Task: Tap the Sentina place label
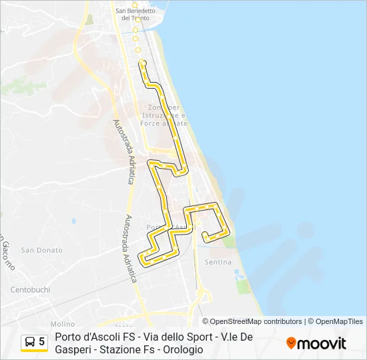[x=218, y=262]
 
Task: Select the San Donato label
[x=41, y=250]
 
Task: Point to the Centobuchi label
[x=31, y=289]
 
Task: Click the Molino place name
[x=63, y=323]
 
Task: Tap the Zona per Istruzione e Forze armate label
[x=164, y=115]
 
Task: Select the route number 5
[x=42, y=342]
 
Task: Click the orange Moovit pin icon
[x=291, y=343]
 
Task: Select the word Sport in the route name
[x=199, y=337]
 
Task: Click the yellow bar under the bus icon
[x=35, y=351]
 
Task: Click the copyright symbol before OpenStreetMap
[x=206, y=321]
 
